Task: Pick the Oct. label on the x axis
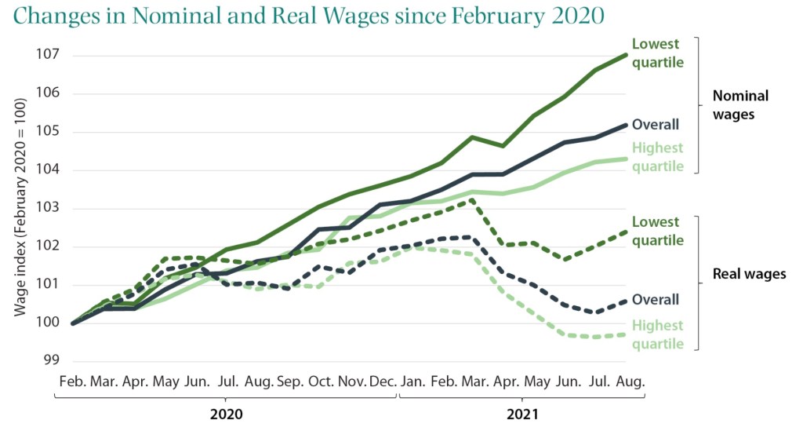(x=321, y=382)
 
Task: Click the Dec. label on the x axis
(x=382, y=382)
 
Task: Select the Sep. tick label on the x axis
(x=289, y=382)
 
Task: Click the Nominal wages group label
(x=739, y=104)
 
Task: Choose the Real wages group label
(x=749, y=274)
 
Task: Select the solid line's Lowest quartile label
(x=657, y=53)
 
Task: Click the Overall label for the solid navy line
(x=655, y=124)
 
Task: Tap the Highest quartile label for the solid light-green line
(x=657, y=157)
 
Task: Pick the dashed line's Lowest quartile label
(x=657, y=232)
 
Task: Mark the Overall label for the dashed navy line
(x=655, y=299)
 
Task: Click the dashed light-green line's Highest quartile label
(x=657, y=334)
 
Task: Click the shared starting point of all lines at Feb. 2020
(x=73, y=323)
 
